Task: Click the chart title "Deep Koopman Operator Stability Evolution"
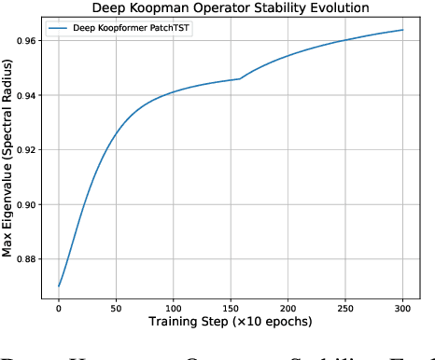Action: click(x=231, y=7)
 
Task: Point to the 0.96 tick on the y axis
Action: click(x=28, y=41)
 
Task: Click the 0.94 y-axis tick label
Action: click(x=28, y=95)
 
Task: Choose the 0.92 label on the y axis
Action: click(x=28, y=150)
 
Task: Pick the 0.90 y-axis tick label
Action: click(x=28, y=204)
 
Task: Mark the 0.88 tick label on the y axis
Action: click(x=28, y=258)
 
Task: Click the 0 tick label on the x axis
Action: click(x=59, y=307)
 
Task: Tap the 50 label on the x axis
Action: click(x=116, y=307)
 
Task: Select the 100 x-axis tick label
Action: click(x=174, y=307)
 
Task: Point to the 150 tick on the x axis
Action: click(x=231, y=307)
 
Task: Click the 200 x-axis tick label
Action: click(x=288, y=307)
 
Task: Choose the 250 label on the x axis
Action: click(x=345, y=307)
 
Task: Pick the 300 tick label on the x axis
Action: click(x=402, y=307)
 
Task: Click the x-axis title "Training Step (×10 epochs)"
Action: click(x=231, y=323)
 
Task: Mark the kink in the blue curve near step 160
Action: click(x=240, y=78)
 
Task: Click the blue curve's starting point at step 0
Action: click(x=59, y=285)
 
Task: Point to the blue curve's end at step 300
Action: click(x=402, y=30)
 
